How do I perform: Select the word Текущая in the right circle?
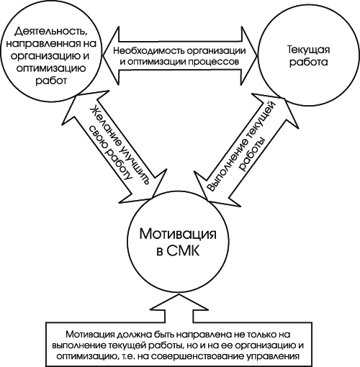[308, 50]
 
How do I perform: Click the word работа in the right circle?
[308, 62]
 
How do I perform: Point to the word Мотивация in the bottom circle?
[178, 234]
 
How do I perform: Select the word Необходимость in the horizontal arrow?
[149, 51]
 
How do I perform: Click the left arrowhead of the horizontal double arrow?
[111, 56]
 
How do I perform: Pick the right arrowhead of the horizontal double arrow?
[250, 56]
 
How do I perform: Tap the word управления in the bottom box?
[273, 357]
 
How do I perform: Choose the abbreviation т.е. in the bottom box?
[127, 357]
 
